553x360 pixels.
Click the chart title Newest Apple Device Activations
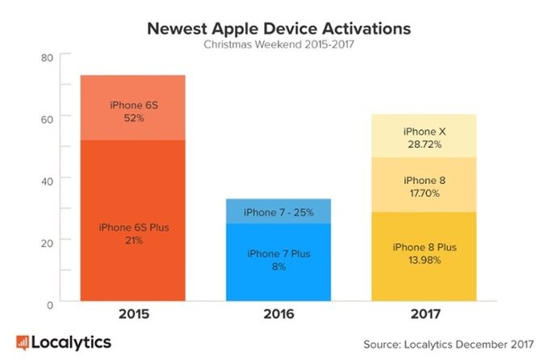[279, 28]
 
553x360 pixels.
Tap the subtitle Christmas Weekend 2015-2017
[279, 44]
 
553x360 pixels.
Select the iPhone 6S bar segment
[133, 107]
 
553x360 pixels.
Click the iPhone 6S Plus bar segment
[133, 220]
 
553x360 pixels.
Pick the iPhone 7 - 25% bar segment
[279, 211]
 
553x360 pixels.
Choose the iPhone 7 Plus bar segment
[279, 262]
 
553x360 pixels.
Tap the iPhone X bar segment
[424, 136]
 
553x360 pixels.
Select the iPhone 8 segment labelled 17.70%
[424, 185]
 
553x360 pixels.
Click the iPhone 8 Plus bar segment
[424, 257]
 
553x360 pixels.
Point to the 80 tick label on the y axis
[47, 57]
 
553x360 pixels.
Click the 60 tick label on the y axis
[47, 119]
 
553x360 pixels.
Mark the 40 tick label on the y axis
[47, 182]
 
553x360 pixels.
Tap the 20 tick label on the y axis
[47, 243]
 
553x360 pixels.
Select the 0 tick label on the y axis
[50, 305]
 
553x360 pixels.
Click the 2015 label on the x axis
[134, 314]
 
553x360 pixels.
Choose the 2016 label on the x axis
[279, 314]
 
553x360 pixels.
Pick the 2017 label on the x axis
[425, 314]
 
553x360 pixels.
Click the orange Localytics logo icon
[23, 343]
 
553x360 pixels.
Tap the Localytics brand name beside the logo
[71, 343]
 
